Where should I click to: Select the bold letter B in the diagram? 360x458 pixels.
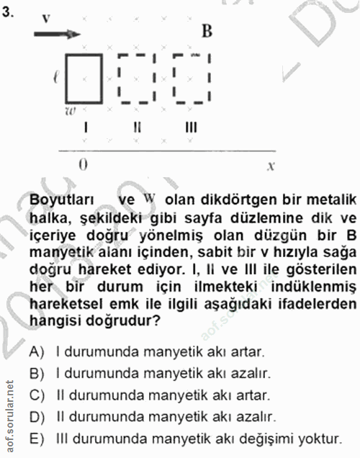click(207, 31)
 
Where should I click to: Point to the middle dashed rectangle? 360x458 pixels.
click(137, 76)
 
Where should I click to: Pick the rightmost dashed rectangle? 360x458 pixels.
click(190, 76)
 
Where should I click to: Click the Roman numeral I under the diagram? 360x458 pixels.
click(86, 127)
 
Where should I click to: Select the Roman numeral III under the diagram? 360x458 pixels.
click(190, 127)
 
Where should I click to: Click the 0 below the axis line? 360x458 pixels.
click(83, 163)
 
